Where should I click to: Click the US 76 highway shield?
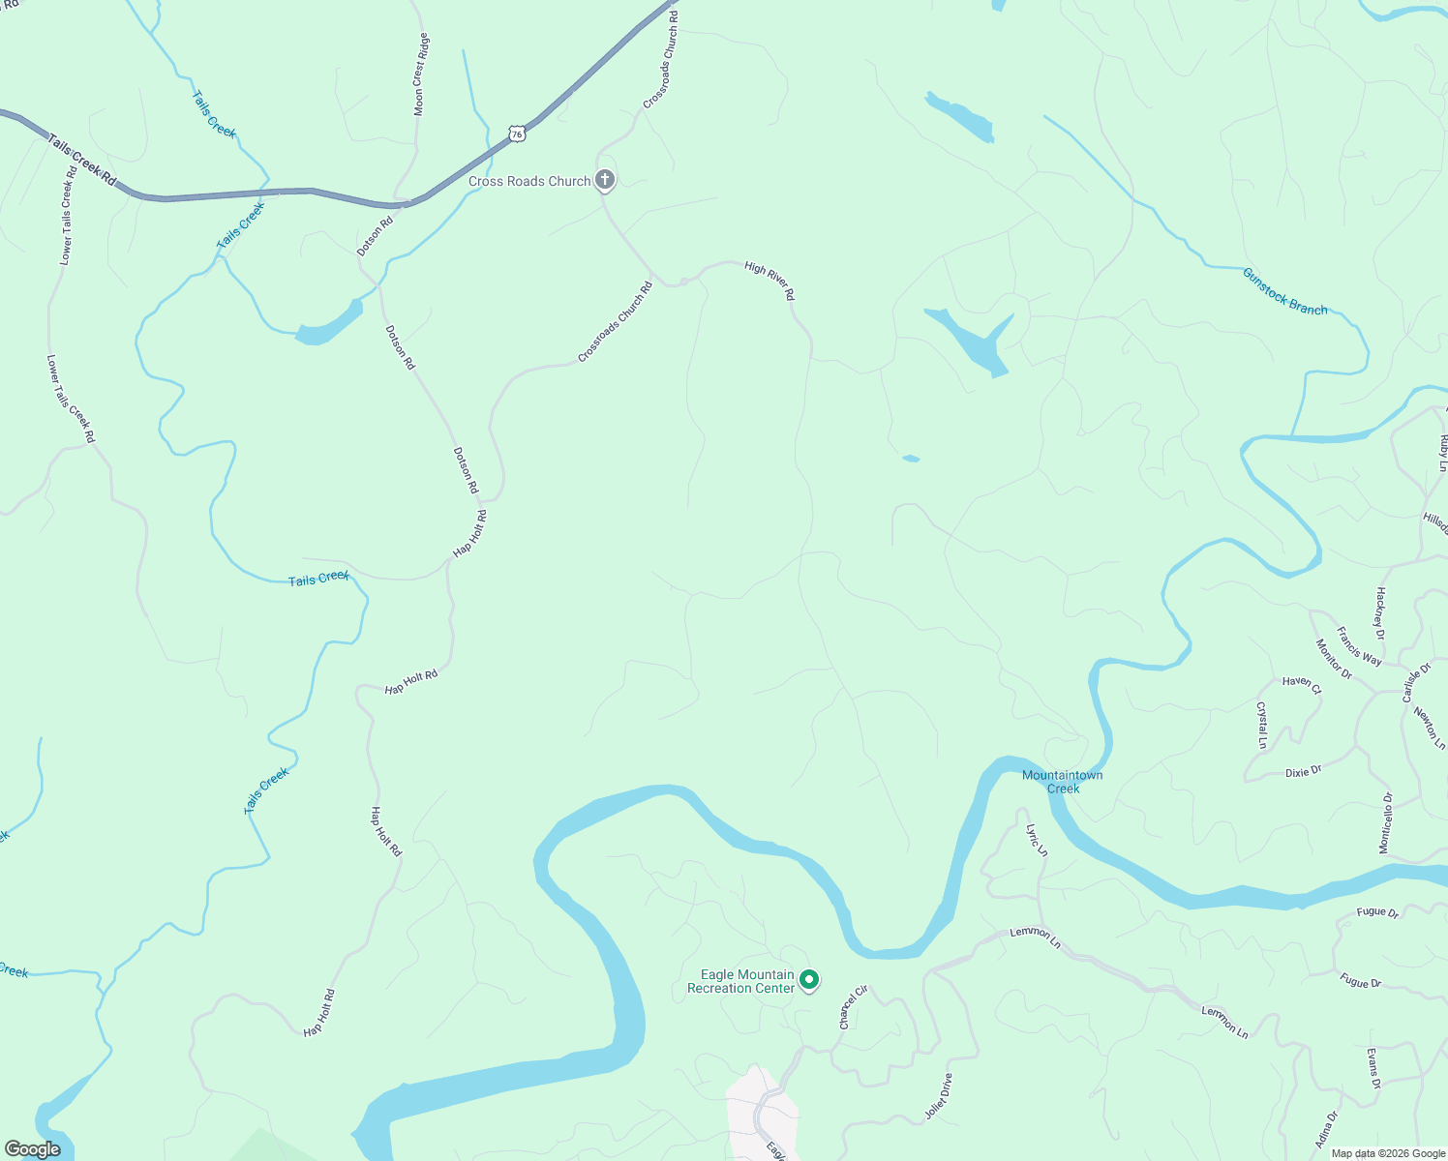pos(518,134)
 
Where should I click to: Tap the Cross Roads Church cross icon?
pos(605,179)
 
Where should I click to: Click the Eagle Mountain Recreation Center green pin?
pos(809,980)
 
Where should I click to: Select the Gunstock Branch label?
pos(1284,290)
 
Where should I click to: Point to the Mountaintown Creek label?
pos(1063,782)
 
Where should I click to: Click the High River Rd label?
pos(769,280)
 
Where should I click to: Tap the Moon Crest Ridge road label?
pos(420,74)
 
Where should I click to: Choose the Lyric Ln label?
pos(1037,840)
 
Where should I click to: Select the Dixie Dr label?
pos(1303,772)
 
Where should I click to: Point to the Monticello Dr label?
pos(1387,823)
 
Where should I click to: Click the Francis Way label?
pos(1359,646)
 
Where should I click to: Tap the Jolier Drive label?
pos(939,1096)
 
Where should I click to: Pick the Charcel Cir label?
pos(853,1007)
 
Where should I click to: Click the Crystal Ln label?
pos(1262,726)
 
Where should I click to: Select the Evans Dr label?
pos(1373,1068)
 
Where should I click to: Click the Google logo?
pos(33,1149)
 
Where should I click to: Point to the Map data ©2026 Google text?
pos(1388,1153)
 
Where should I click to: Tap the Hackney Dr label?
pos(1380,612)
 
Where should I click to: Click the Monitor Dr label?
pos(1334,659)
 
